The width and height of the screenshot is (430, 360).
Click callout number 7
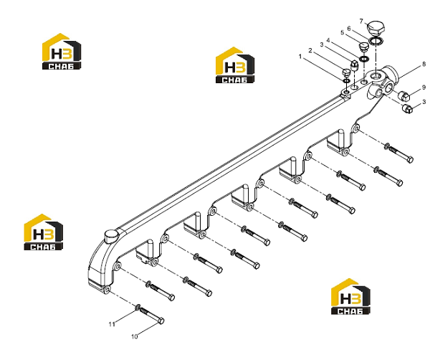coord(361,22)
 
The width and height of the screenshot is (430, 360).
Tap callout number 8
coord(424,65)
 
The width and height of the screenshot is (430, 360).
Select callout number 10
coord(135,336)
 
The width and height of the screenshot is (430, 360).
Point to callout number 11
coord(112,324)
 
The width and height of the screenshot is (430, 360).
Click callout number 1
coord(300,57)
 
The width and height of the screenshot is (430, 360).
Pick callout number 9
coord(424,87)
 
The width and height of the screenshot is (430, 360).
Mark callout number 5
coord(342,33)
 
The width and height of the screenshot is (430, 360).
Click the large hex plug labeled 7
coord(376,27)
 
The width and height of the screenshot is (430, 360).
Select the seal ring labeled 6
coord(376,41)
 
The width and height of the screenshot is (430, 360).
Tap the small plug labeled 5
coord(363,47)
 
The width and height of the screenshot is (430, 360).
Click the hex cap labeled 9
coord(403,95)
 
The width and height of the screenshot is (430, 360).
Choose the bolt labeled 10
coord(151,316)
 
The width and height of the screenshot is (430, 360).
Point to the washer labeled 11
coord(138,306)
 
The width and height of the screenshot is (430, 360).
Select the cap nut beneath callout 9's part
coord(407,109)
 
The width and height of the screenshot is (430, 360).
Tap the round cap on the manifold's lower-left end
coord(111,236)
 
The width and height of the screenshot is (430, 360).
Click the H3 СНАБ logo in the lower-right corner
coord(350,296)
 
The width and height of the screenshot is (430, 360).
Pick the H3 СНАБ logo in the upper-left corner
coord(62,52)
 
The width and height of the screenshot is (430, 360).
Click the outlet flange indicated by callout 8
coord(384,82)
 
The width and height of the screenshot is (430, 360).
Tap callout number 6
coord(349,29)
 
